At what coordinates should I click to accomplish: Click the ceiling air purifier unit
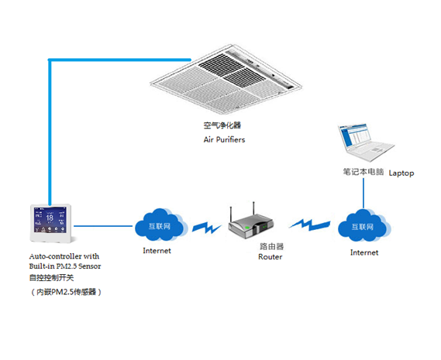tap(226, 79)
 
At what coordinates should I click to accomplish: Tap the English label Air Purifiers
tap(224, 139)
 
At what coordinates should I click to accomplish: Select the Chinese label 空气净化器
tap(222, 125)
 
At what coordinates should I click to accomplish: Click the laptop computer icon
tap(366, 142)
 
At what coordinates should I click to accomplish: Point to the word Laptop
tap(401, 173)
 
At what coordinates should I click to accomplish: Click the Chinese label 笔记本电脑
tap(363, 172)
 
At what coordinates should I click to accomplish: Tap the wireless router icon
tap(250, 222)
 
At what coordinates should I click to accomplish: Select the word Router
tap(270, 257)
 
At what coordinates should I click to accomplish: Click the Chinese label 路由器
tap(272, 246)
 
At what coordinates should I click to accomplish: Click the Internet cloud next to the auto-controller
tap(161, 225)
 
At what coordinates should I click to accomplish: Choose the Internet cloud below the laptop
tap(364, 225)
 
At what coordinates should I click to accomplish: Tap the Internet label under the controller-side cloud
tap(157, 251)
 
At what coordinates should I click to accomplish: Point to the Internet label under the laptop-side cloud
tap(364, 252)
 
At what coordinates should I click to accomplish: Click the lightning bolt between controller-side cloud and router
tap(207, 228)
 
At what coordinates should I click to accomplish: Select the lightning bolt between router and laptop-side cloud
tap(310, 225)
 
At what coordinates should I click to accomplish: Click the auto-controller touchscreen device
tap(51, 224)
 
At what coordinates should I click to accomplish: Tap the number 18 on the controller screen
tap(50, 218)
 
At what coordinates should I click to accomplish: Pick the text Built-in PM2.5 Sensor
tap(65, 266)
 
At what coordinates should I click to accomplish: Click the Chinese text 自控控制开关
tap(51, 278)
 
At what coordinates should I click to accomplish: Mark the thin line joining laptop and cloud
tap(363, 194)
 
